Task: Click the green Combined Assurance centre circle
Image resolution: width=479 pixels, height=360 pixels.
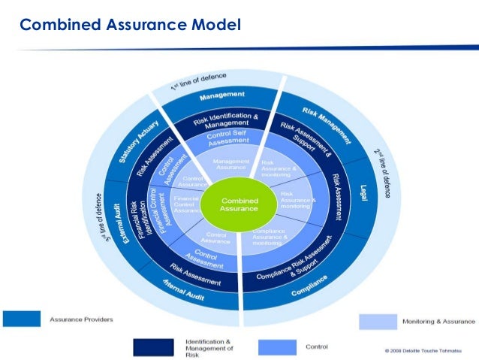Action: coord(239,205)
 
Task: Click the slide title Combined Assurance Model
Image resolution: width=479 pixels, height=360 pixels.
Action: coord(130,26)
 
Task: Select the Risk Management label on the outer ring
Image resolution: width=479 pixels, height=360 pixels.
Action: coord(327,124)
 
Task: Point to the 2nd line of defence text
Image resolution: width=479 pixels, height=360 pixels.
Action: coord(382,172)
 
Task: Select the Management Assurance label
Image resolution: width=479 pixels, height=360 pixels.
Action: coord(231,164)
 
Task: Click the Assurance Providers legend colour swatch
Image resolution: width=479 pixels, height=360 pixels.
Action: coord(22,319)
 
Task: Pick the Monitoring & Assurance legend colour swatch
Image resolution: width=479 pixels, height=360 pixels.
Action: coord(378,322)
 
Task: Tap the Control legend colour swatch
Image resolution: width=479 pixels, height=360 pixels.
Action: coord(278,346)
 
